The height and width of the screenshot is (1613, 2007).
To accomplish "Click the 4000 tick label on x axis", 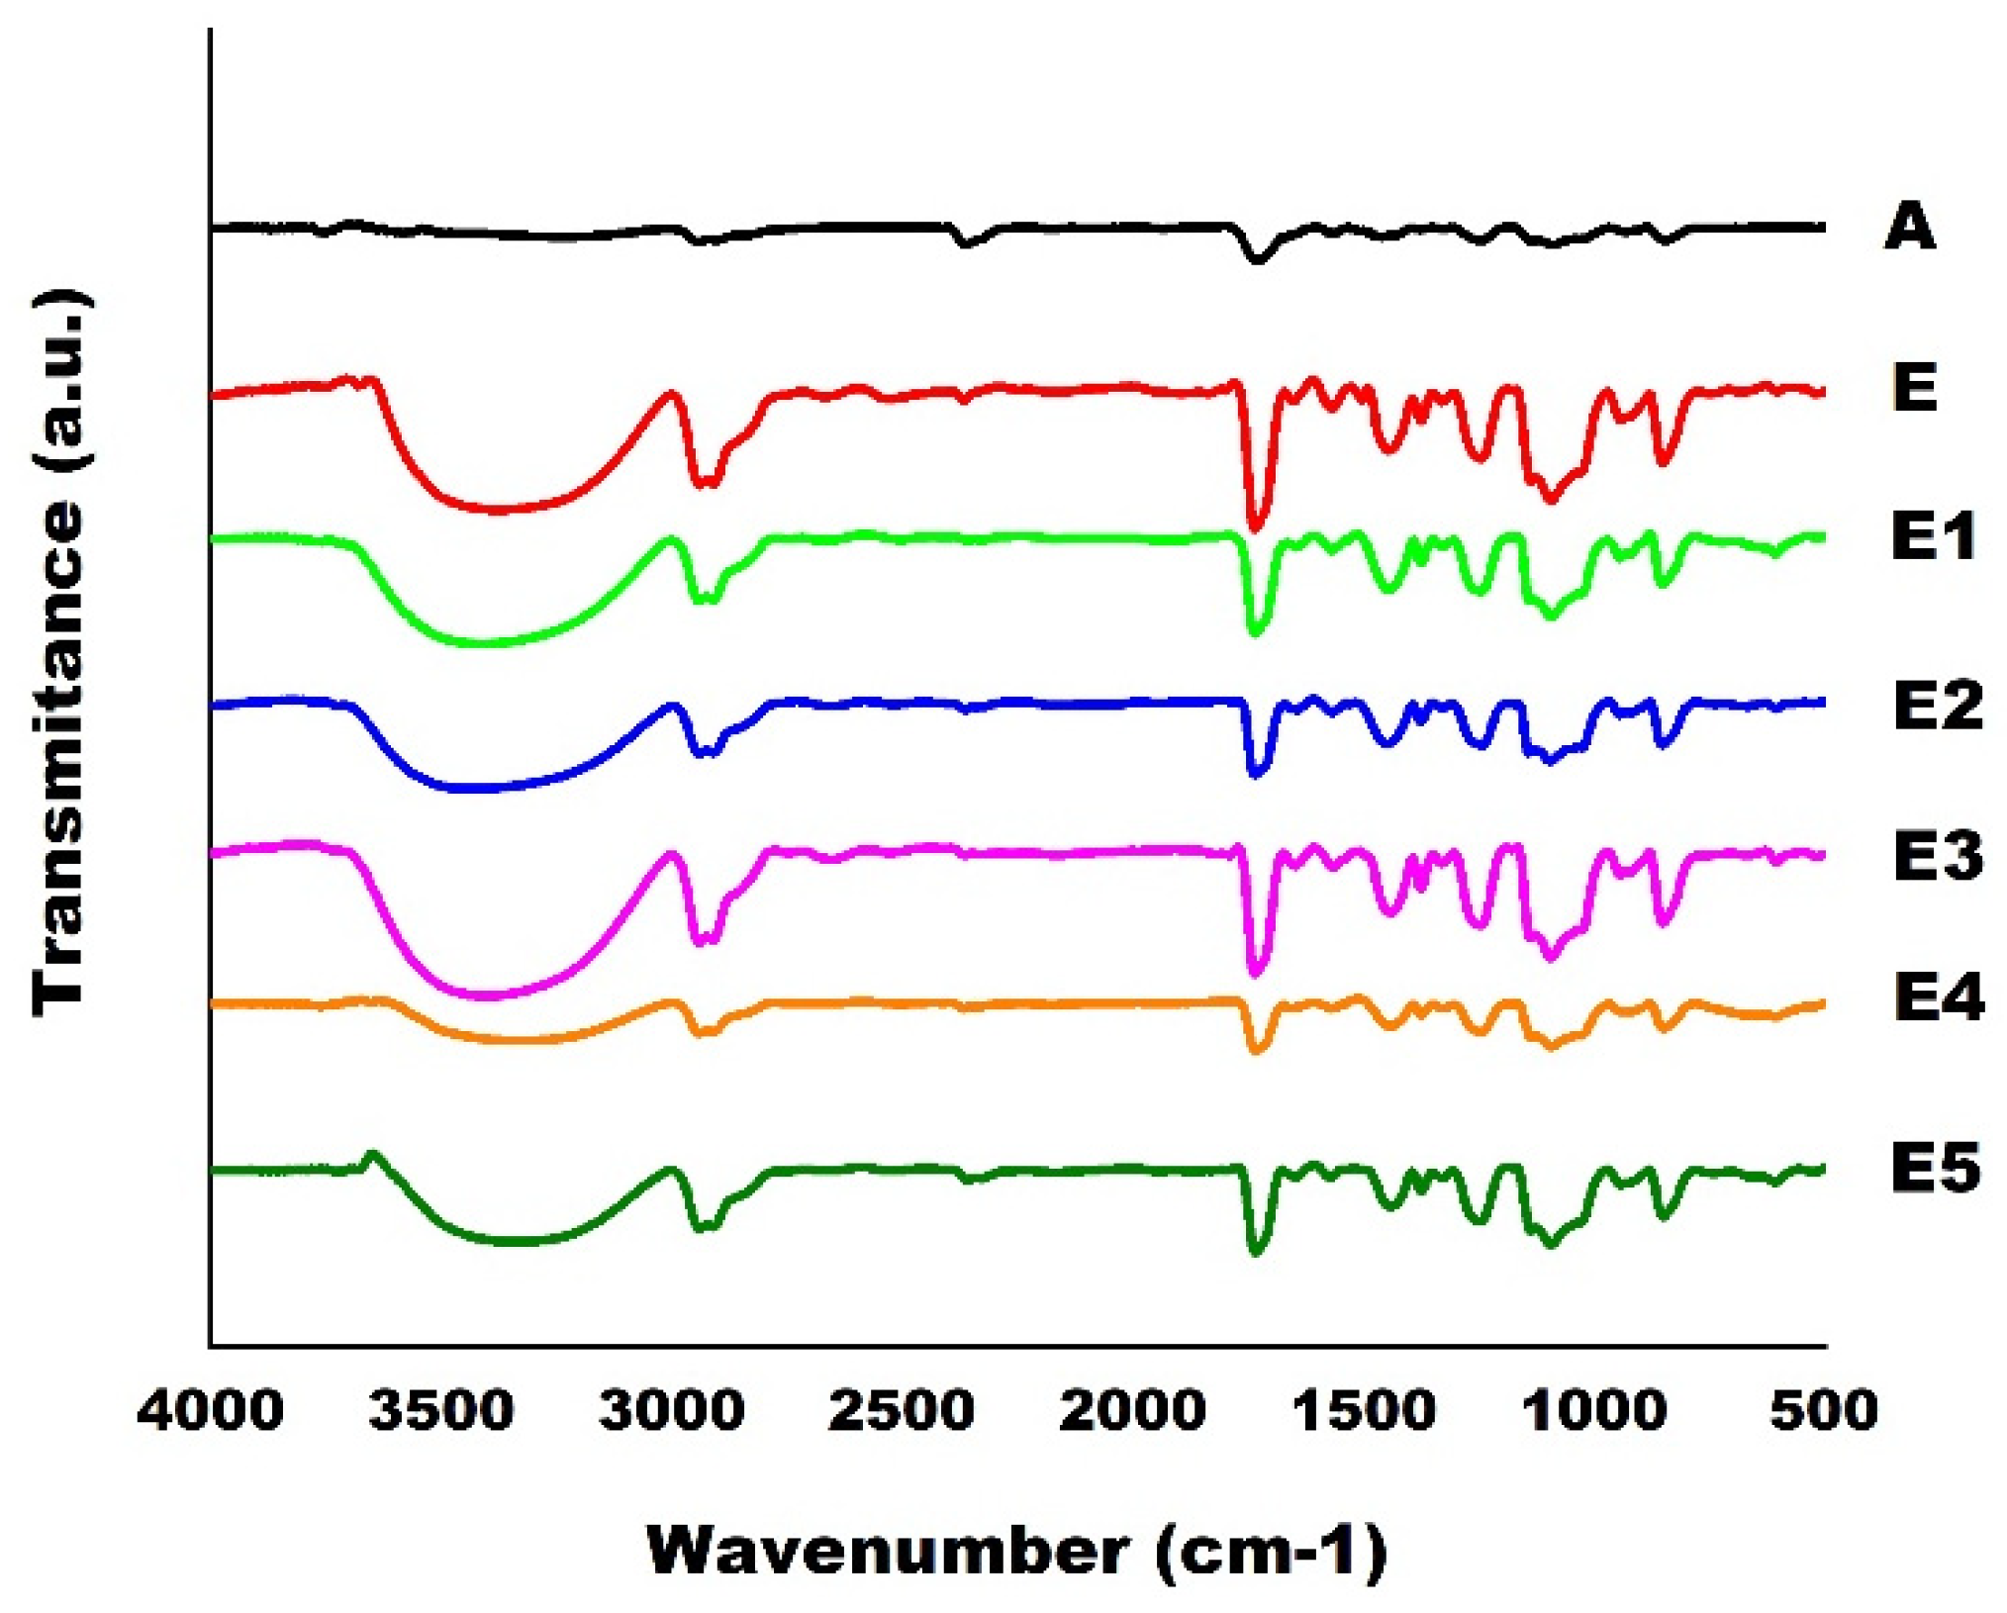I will (x=210, y=1410).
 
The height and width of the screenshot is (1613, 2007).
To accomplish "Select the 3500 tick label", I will (x=441, y=1410).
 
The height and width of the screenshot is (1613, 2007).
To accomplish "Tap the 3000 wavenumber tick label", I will (x=672, y=1410).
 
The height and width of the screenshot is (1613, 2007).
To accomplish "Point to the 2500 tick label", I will (x=902, y=1410).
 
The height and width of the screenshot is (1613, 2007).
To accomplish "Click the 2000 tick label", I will (x=1132, y=1410).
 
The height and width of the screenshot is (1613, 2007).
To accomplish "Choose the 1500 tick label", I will (x=1364, y=1410).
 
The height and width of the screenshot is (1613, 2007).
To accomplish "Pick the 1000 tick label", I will (x=1594, y=1410).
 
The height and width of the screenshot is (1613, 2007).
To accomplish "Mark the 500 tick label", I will (x=1824, y=1410).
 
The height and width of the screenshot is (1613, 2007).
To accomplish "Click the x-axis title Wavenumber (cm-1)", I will (x=1017, y=1551).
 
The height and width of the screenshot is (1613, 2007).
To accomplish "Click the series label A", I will (x=1909, y=227).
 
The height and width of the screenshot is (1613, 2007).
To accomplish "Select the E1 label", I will (x=1933, y=536).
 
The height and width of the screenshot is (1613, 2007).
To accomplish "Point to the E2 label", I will (x=1937, y=707).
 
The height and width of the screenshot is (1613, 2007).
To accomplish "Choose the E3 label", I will (x=1937, y=856).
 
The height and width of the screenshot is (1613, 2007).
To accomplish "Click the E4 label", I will (x=1937, y=998).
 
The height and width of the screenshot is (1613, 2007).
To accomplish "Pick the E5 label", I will (x=1935, y=1168).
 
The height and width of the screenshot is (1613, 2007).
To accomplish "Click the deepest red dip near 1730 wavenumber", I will (x=1256, y=526).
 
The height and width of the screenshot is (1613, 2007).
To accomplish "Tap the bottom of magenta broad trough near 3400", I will (x=485, y=996).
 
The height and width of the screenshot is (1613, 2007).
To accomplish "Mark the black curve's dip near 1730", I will (x=1258, y=260).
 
